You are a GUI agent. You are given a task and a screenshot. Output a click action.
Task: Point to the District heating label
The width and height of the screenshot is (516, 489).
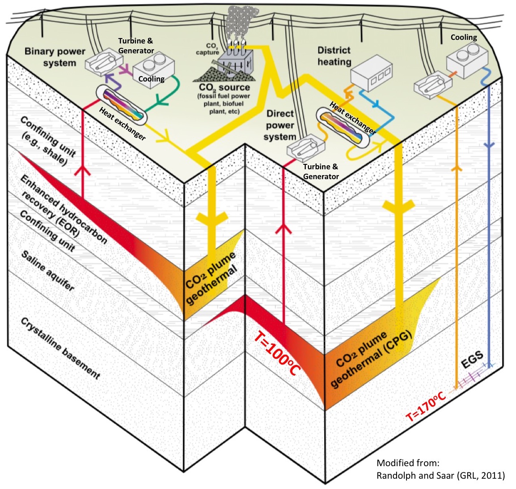[x=334, y=56]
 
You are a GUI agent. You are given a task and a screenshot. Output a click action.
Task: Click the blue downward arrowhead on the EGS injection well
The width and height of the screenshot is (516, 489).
[x=490, y=146]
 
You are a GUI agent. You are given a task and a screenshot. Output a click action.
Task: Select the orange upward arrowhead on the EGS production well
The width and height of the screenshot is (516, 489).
[x=456, y=168]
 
